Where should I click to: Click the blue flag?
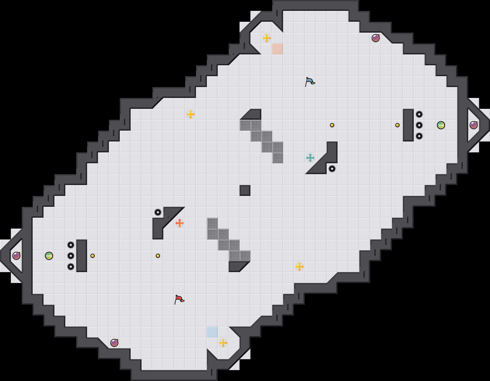coord(310,81)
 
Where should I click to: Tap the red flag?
coord(179,299)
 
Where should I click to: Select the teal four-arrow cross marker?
coord(310,158)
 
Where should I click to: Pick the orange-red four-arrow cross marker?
coord(179,223)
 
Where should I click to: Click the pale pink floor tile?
coord(277,49)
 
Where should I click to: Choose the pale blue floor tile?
coord(212,332)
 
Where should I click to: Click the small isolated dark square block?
coord(245,190)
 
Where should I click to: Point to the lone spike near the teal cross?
coord(332,169)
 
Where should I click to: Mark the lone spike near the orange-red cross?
coord(158,212)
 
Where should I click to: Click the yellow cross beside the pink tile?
coord(267,38)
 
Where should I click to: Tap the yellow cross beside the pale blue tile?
coord(223,343)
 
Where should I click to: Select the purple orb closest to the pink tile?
coord(376,38)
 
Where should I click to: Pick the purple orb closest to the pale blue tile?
coord(114,343)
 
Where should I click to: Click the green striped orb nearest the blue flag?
coord(441,125)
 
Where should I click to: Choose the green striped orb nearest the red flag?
coord(49,256)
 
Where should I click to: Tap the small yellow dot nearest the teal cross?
coord(332,125)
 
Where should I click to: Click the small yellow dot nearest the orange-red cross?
coord(158,256)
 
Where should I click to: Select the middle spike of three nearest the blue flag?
coord(419,125)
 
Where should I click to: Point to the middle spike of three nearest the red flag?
coord(71,256)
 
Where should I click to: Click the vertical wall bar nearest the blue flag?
coord(408,125)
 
